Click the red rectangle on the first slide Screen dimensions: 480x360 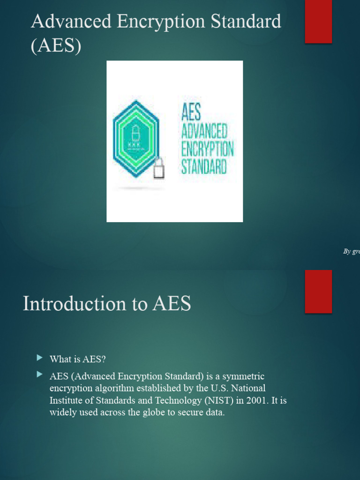tap(318, 22)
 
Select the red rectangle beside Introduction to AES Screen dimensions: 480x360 tap(318, 291)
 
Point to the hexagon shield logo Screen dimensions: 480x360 tap(135, 139)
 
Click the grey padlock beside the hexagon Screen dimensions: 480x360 tap(159, 168)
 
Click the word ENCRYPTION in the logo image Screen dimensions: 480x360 tap(207, 150)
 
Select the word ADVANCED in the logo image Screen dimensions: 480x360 tap(204, 132)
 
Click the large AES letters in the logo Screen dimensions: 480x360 tap(191, 113)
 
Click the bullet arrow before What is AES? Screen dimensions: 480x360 tap(39, 359)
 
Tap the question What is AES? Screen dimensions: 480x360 tap(78, 359)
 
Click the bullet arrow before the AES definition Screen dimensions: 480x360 tap(39, 375)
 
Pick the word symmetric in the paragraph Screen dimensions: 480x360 tap(244, 376)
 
